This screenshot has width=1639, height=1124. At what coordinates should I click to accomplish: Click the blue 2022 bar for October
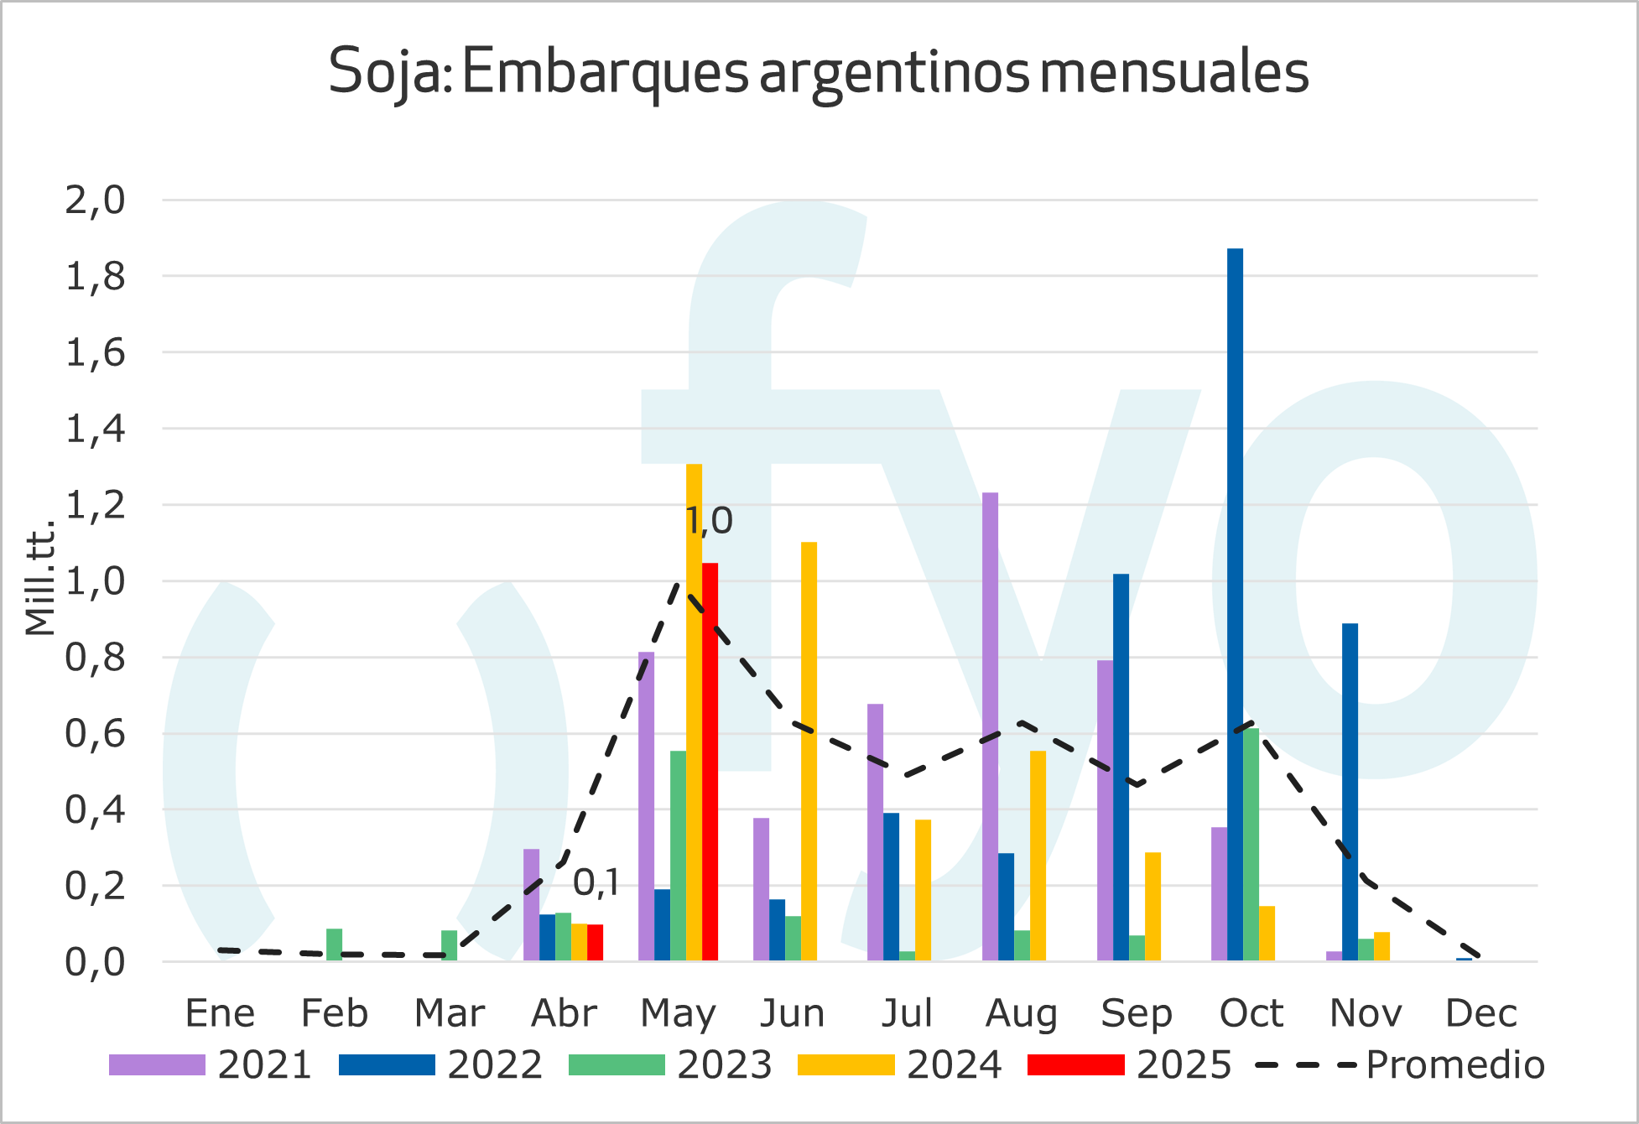pyautogui.click(x=1235, y=604)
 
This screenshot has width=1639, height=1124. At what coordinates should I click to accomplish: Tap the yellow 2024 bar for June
pyautogui.click(x=809, y=751)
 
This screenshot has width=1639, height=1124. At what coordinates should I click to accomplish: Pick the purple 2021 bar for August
pyautogui.click(x=990, y=726)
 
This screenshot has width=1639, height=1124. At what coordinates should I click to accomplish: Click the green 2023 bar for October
pyautogui.click(x=1251, y=844)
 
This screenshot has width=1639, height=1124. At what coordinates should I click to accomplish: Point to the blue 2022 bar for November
pyautogui.click(x=1350, y=792)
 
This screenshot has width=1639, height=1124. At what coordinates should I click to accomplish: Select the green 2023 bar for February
pyautogui.click(x=334, y=944)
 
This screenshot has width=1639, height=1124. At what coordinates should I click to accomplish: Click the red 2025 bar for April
pyautogui.click(x=595, y=943)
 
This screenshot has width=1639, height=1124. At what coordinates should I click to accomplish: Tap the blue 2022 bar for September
pyautogui.click(x=1121, y=767)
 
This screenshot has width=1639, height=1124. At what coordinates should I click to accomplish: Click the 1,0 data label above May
pyautogui.click(x=709, y=521)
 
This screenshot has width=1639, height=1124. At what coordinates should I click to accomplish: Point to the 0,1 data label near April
pyautogui.click(x=596, y=882)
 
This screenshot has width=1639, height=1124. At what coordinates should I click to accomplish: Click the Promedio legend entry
pyautogui.click(x=1400, y=1065)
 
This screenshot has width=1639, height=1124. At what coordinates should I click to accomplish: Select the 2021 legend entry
pyautogui.click(x=210, y=1065)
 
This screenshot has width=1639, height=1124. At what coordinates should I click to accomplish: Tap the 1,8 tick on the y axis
pyautogui.click(x=95, y=276)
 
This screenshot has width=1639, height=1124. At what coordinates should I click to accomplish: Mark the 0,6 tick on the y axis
pyautogui.click(x=95, y=734)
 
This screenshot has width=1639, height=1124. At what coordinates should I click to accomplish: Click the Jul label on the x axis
pyautogui.click(x=907, y=1013)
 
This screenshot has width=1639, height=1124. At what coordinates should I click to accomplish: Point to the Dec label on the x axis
pyautogui.click(x=1480, y=1013)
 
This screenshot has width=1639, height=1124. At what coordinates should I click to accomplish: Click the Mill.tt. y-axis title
pyautogui.click(x=39, y=579)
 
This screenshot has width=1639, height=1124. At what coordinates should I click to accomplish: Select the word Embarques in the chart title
pyautogui.click(x=604, y=72)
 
